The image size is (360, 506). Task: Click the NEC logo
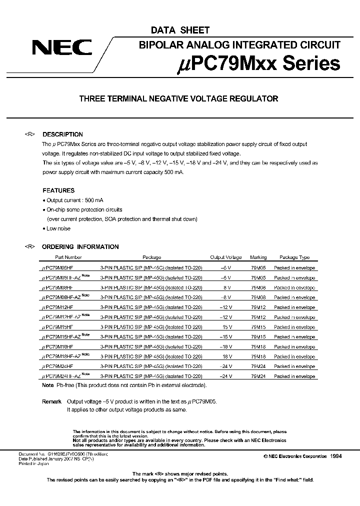[x=62, y=48]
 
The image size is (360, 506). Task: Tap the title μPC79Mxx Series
[x=259, y=63]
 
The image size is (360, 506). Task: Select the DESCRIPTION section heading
[x=62, y=134]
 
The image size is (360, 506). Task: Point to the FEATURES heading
[x=58, y=190]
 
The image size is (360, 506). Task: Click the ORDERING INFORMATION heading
[x=80, y=247]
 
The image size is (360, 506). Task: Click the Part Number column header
[x=68, y=257]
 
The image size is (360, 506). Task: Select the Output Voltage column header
[x=225, y=257]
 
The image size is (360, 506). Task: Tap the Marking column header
[x=258, y=257]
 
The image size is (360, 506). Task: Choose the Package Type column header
[x=294, y=257]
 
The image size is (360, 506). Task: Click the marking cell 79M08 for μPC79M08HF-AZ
[x=258, y=297]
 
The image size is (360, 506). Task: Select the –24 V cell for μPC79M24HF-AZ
[x=225, y=376]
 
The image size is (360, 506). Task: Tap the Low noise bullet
[x=58, y=228]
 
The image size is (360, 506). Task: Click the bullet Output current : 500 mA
[x=75, y=200]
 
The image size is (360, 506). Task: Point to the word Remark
[x=52, y=401]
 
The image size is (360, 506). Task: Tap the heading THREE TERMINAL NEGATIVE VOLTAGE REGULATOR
[x=178, y=99]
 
